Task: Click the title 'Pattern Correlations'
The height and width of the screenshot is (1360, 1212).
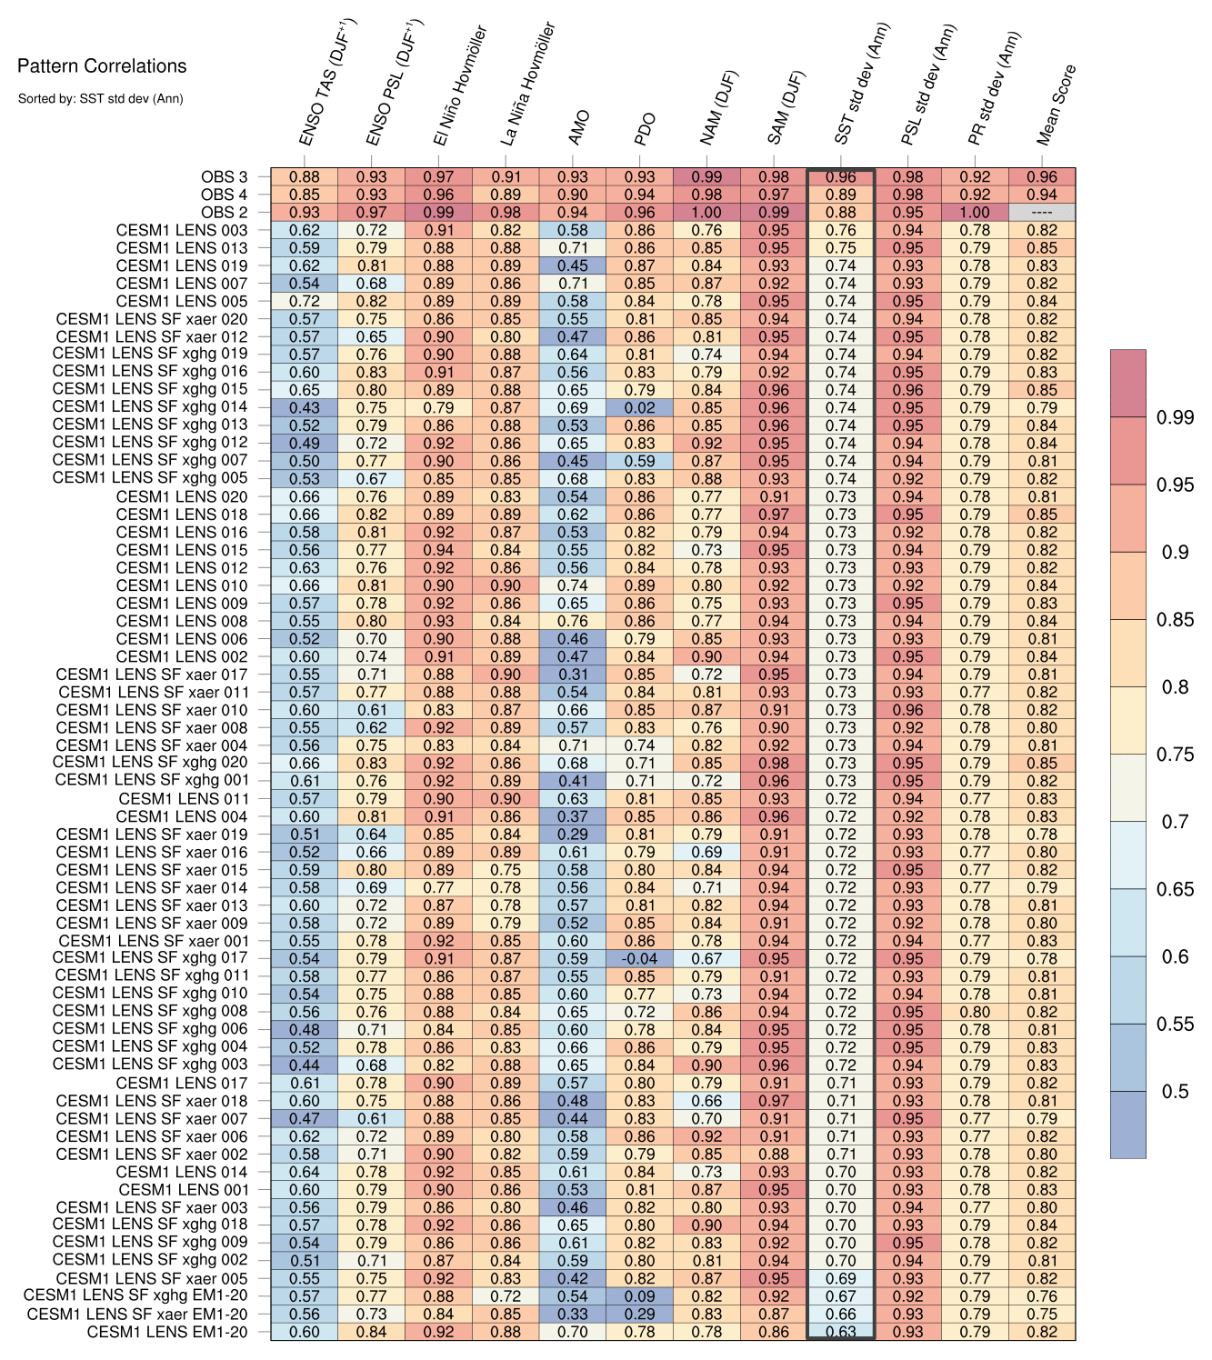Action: pyautogui.click(x=102, y=66)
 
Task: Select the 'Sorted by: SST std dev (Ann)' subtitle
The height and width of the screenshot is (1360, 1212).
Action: pyautogui.click(x=100, y=98)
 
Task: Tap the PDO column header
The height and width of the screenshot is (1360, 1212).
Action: pyautogui.click(x=645, y=129)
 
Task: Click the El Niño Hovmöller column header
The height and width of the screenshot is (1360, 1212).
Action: pyautogui.click(x=460, y=86)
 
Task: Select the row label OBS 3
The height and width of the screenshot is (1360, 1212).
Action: pyautogui.click(x=224, y=177)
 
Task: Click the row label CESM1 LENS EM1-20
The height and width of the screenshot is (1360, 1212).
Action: pyautogui.click(x=167, y=1332)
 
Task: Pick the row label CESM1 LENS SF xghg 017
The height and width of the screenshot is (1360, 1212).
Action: pyautogui.click(x=150, y=958)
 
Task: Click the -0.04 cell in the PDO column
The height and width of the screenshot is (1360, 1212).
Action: pyautogui.click(x=640, y=958)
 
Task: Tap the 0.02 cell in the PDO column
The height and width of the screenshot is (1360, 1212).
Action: pyautogui.click(x=640, y=408)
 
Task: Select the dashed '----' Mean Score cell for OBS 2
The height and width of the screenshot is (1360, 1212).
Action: pyautogui.click(x=1042, y=213)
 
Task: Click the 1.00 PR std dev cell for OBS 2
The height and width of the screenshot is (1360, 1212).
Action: pyautogui.click(x=976, y=213)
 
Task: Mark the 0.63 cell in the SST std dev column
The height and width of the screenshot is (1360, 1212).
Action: pyautogui.click(x=841, y=1332)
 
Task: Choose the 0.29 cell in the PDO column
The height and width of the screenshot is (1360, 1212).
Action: pyautogui.click(x=640, y=1315)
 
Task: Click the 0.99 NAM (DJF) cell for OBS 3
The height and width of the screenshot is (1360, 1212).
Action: pyautogui.click(x=706, y=177)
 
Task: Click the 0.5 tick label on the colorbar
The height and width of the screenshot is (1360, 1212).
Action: pyautogui.click(x=1176, y=1092)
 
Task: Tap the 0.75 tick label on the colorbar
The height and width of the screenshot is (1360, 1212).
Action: pyautogui.click(x=1176, y=755)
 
